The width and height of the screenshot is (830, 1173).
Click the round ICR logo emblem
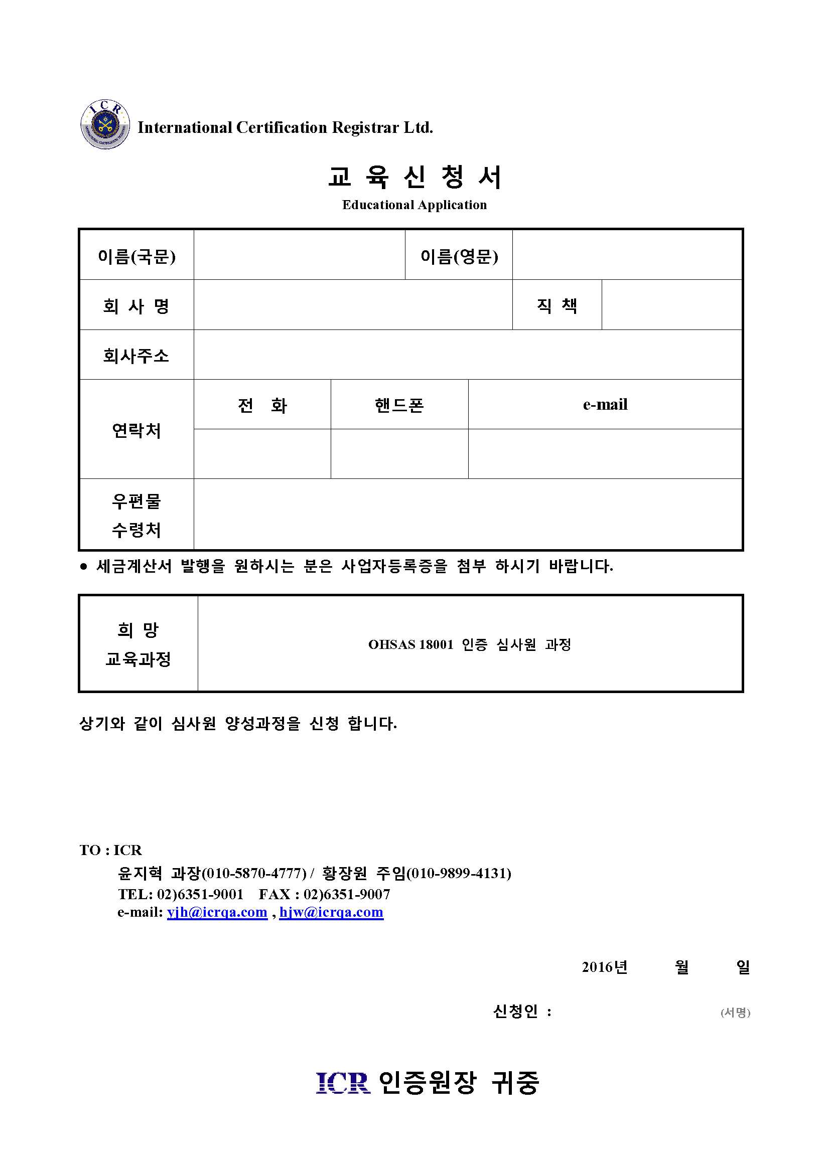(105, 125)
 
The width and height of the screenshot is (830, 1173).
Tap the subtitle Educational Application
(414, 205)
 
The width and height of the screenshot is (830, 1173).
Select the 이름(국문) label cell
(136, 256)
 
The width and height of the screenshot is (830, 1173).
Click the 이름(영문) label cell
(459, 256)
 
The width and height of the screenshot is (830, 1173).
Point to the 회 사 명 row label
(136, 306)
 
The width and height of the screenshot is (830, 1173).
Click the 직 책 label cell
(557, 305)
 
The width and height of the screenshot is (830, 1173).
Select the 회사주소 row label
(136, 356)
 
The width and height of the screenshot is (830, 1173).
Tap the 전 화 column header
(262, 405)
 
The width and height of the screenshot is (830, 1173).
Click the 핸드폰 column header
(399, 405)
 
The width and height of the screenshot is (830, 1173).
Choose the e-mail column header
(605, 405)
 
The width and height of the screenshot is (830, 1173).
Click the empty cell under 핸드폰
(399, 454)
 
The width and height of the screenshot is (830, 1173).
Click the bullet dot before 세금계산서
(84, 566)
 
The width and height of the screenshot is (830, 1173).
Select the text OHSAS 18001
(410, 645)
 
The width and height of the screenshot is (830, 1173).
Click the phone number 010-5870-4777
(254, 873)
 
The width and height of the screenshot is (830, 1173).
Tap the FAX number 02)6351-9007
(347, 894)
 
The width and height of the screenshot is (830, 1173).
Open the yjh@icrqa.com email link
(217, 912)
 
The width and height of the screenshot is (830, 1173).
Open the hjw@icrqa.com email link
(331, 912)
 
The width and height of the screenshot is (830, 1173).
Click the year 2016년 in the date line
(605, 967)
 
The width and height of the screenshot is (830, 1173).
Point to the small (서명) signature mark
(735, 1012)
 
